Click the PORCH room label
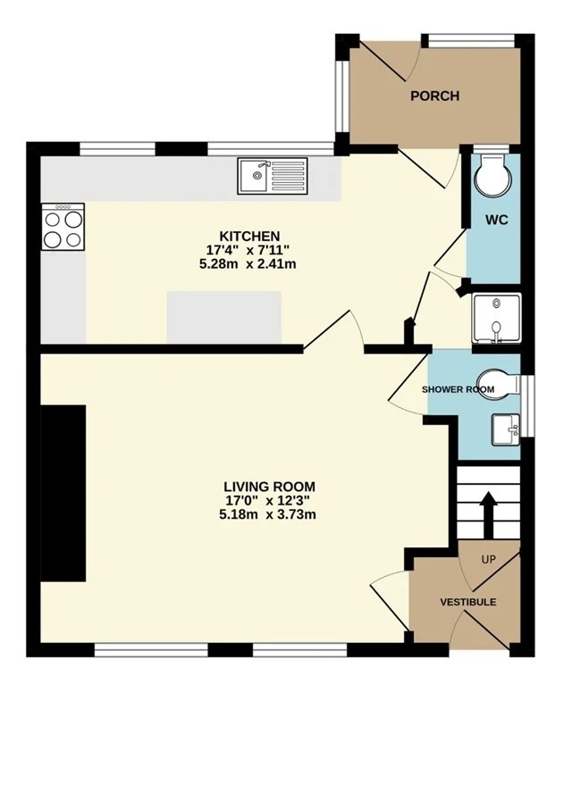coord(434,96)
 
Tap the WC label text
coord(497,220)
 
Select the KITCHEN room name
coord(250,237)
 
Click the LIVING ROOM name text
coord(270,487)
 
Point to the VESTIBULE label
coord(468,602)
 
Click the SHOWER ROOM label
coord(458,389)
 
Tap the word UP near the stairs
coord(488,559)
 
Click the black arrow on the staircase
coord(488,513)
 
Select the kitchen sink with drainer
coord(272,176)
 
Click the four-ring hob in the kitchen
coord(63,227)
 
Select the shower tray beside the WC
coord(497,319)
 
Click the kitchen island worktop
coord(224,317)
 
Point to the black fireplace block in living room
coord(63,493)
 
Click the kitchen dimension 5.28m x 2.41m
coord(251,264)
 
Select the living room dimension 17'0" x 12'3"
coord(267,500)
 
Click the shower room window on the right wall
coord(526,406)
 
